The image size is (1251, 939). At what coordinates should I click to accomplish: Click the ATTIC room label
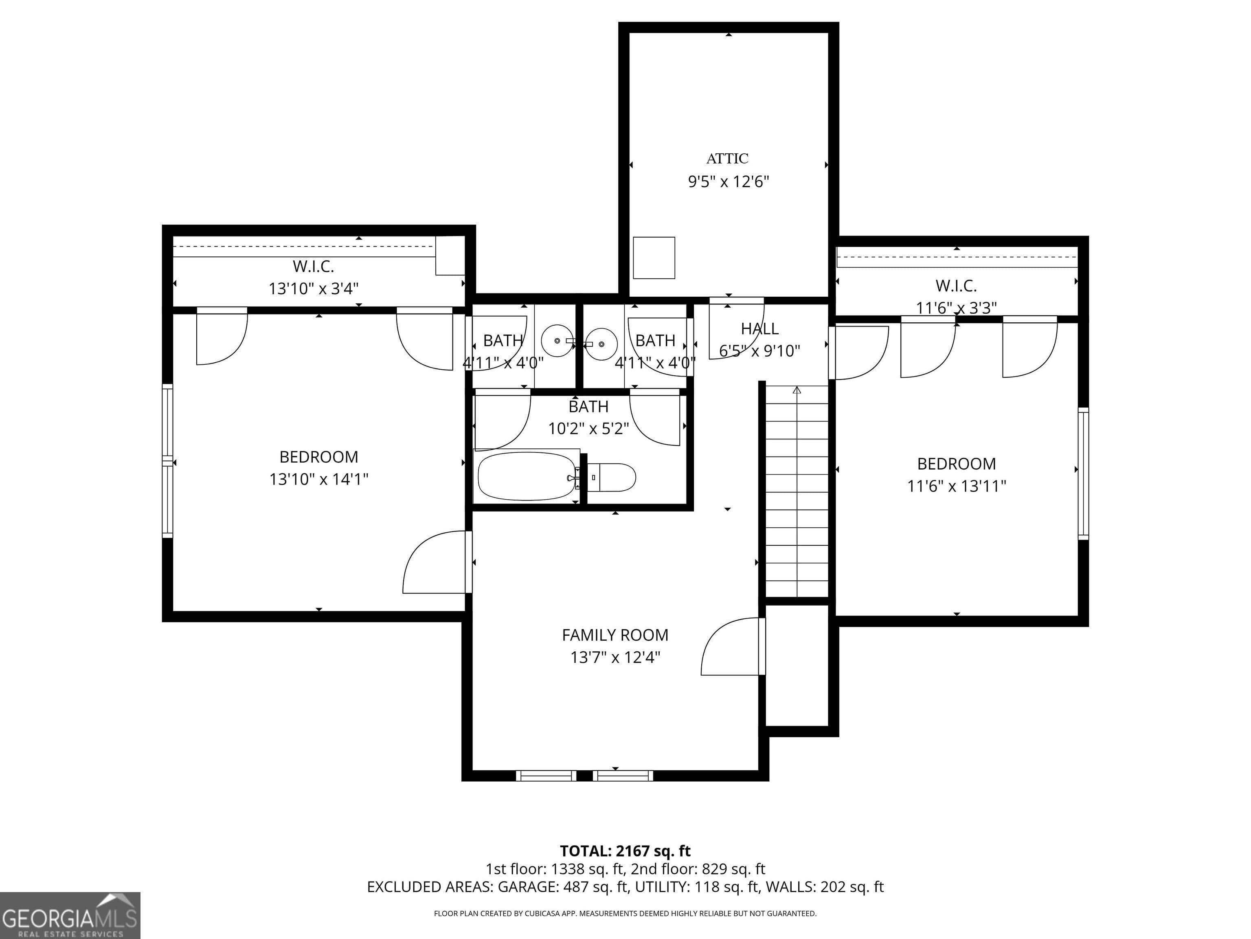click(x=727, y=159)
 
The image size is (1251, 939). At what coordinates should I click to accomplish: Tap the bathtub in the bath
click(x=527, y=476)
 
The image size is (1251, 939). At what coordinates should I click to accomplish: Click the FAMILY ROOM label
click(x=615, y=635)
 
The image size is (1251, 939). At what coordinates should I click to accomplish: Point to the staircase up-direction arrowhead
click(x=797, y=390)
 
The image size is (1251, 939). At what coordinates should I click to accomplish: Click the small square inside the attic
click(x=654, y=258)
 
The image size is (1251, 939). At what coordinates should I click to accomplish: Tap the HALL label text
click(x=759, y=328)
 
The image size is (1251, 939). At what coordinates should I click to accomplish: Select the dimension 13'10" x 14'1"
click(x=318, y=479)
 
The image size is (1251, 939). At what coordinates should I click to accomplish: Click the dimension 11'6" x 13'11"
click(x=956, y=486)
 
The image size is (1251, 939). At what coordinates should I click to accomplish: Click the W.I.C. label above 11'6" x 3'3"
click(x=956, y=285)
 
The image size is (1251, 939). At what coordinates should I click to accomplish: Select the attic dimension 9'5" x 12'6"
click(x=729, y=182)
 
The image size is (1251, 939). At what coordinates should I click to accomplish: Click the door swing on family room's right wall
click(x=732, y=647)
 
